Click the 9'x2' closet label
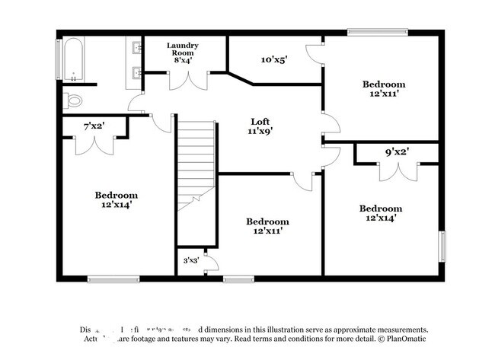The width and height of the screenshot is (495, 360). pos(396,151)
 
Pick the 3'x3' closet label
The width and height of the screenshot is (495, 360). pos(190,260)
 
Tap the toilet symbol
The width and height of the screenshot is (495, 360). pos(74,100)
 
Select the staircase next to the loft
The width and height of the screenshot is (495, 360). pos(196,167)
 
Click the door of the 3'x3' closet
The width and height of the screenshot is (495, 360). pos(212,263)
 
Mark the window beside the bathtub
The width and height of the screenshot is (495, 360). pos(59,58)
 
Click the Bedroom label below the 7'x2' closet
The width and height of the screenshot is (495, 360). pos(117,199)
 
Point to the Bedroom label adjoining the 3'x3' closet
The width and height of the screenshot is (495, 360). pos(267,225)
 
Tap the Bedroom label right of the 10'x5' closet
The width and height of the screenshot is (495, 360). pos(383,88)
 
